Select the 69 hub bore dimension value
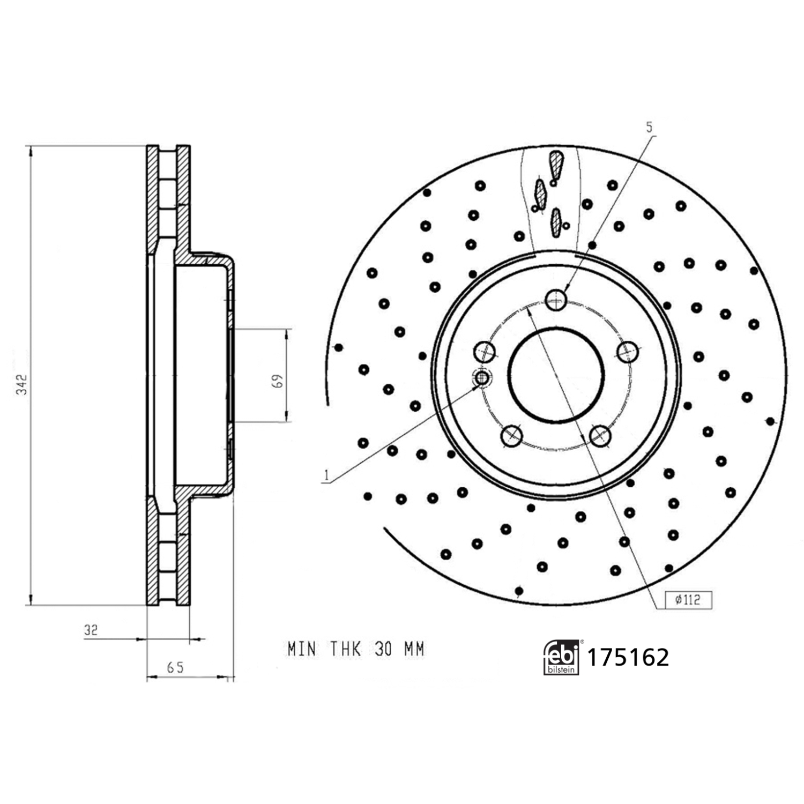[x=277, y=381]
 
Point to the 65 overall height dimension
[x=175, y=667]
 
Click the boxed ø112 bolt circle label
[x=688, y=600]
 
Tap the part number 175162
[x=628, y=657]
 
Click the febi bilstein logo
[x=562, y=657]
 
